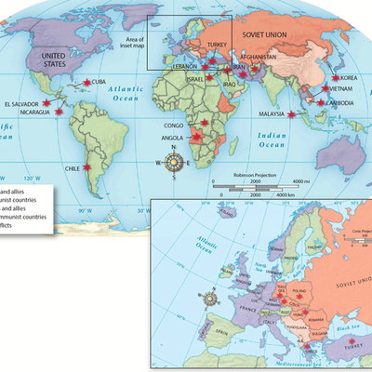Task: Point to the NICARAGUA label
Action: click(x=25, y=113)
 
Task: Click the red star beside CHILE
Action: click(x=86, y=168)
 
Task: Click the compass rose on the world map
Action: click(x=173, y=164)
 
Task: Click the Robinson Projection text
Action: click(x=254, y=173)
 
